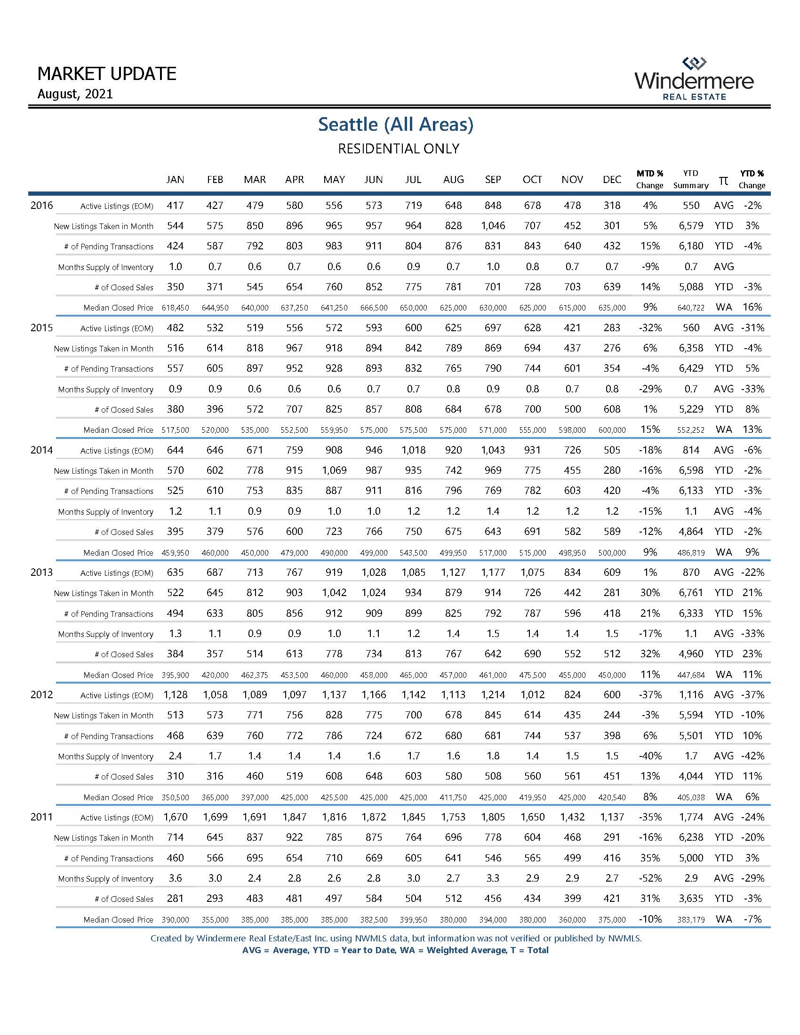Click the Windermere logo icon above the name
pyautogui.click(x=694, y=63)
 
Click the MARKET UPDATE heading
pyautogui.click(x=107, y=74)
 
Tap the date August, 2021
pyautogui.click(x=75, y=94)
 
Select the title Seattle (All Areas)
pyautogui.click(x=396, y=124)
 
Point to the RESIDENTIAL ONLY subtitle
pyautogui.click(x=398, y=149)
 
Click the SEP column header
pyautogui.click(x=493, y=180)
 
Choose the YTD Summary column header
pyautogui.click(x=690, y=179)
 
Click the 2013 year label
pyautogui.click(x=42, y=573)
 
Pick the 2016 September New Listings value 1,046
pyautogui.click(x=493, y=226)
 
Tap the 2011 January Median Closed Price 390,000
pyautogui.click(x=176, y=920)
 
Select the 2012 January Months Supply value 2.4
pyautogui.click(x=176, y=756)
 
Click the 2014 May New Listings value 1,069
pyautogui.click(x=334, y=470)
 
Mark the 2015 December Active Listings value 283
pyautogui.click(x=612, y=328)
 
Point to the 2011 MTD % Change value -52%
pyautogui.click(x=650, y=878)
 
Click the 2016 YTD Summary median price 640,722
pyautogui.click(x=690, y=308)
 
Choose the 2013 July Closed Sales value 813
pyautogui.click(x=413, y=654)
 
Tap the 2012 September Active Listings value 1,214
pyautogui.click(x=493, y=695)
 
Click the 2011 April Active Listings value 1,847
pyautogui.click(x=294, y=817)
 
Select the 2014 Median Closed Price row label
pyautogui.click(x=118, y=553)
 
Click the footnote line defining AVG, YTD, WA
pyautogui.click(x=395, y=950)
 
